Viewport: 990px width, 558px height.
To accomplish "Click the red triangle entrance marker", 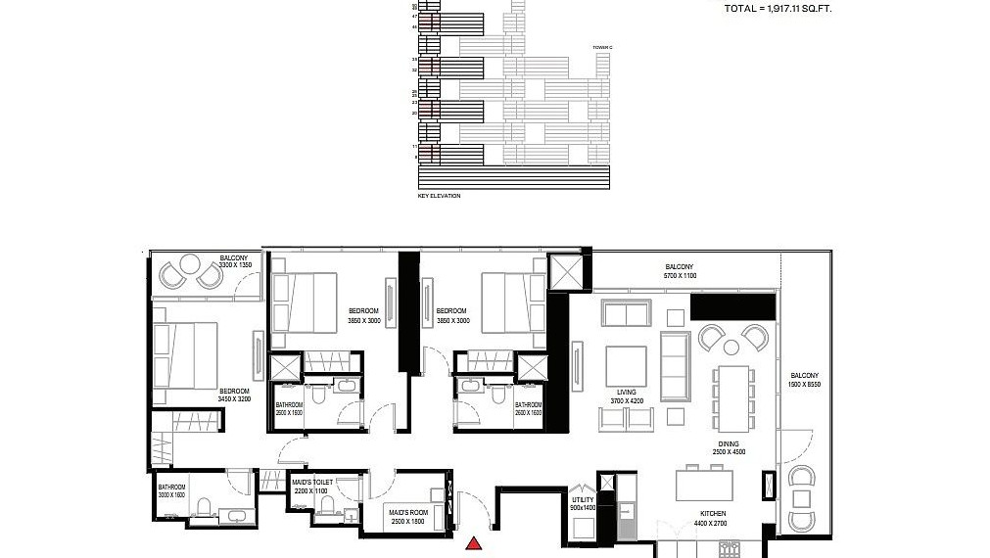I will (475, 543).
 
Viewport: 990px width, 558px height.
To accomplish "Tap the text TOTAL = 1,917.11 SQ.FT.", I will (779, 8).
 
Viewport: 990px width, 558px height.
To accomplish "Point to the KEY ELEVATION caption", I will (439, 196).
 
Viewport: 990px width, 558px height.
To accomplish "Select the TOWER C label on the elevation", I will (602, 47).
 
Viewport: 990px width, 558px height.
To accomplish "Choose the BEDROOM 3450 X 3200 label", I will (235, 395).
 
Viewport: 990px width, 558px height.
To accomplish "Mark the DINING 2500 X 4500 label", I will (729, 447).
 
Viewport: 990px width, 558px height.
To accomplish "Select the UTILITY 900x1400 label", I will (583, 503).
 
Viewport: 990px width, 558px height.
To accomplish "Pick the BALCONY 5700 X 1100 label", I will (680, 271).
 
